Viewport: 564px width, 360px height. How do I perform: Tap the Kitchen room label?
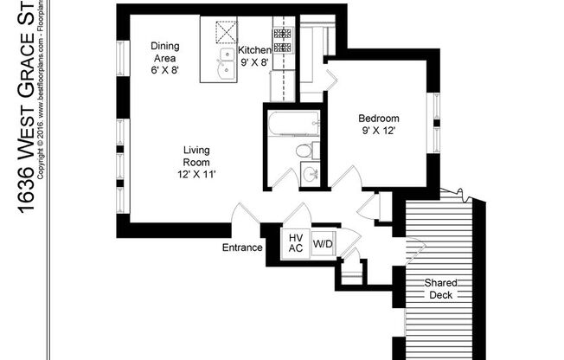[x=254, y=50]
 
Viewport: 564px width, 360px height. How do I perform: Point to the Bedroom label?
[x=380, y=119]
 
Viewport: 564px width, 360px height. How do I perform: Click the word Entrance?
[x=241, y=247]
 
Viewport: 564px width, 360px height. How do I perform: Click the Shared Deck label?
[x=441, y=289]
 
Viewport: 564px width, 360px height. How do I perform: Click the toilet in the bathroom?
[x=304, y=151]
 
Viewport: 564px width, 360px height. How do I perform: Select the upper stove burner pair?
[x=283, y=34]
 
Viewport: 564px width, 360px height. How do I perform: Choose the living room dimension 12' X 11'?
[x=195, y=174]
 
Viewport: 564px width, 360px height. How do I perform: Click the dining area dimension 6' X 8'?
[x=163, y=69]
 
